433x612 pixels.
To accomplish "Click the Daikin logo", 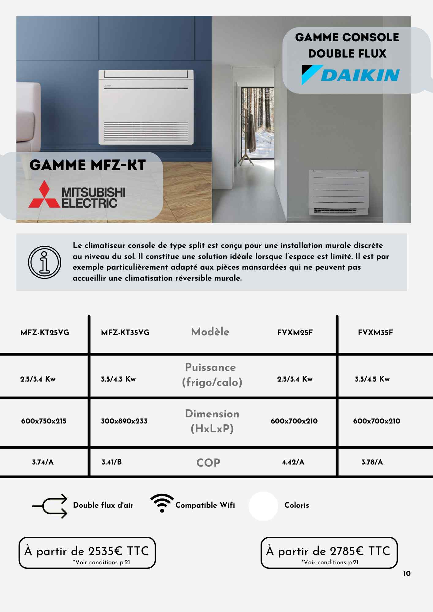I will point(350,75).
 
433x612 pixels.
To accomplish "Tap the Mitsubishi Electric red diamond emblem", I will point(44,195).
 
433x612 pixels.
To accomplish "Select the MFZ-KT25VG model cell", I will point(45,333).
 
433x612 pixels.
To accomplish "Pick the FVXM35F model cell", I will point(375,333).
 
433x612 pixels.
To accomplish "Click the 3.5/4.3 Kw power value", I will point(118,379).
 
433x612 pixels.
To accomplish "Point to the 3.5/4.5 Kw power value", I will point(372,379).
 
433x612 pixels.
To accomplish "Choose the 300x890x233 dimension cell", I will point(124,421).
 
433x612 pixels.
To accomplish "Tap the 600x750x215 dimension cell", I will point(44,421).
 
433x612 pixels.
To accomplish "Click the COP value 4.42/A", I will point(293,462).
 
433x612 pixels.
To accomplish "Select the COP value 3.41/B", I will point(112,462).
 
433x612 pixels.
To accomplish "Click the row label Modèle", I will point(210,332).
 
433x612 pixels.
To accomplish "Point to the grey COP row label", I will point(208,463).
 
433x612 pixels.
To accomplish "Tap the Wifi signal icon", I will point(162,503).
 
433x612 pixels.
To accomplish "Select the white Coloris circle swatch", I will point(263,506).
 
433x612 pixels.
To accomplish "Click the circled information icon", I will point(45,262).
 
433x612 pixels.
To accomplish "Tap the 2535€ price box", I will point(87,553).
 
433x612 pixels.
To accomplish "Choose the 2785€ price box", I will point(329,553).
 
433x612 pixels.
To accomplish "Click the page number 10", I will point(407,573).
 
